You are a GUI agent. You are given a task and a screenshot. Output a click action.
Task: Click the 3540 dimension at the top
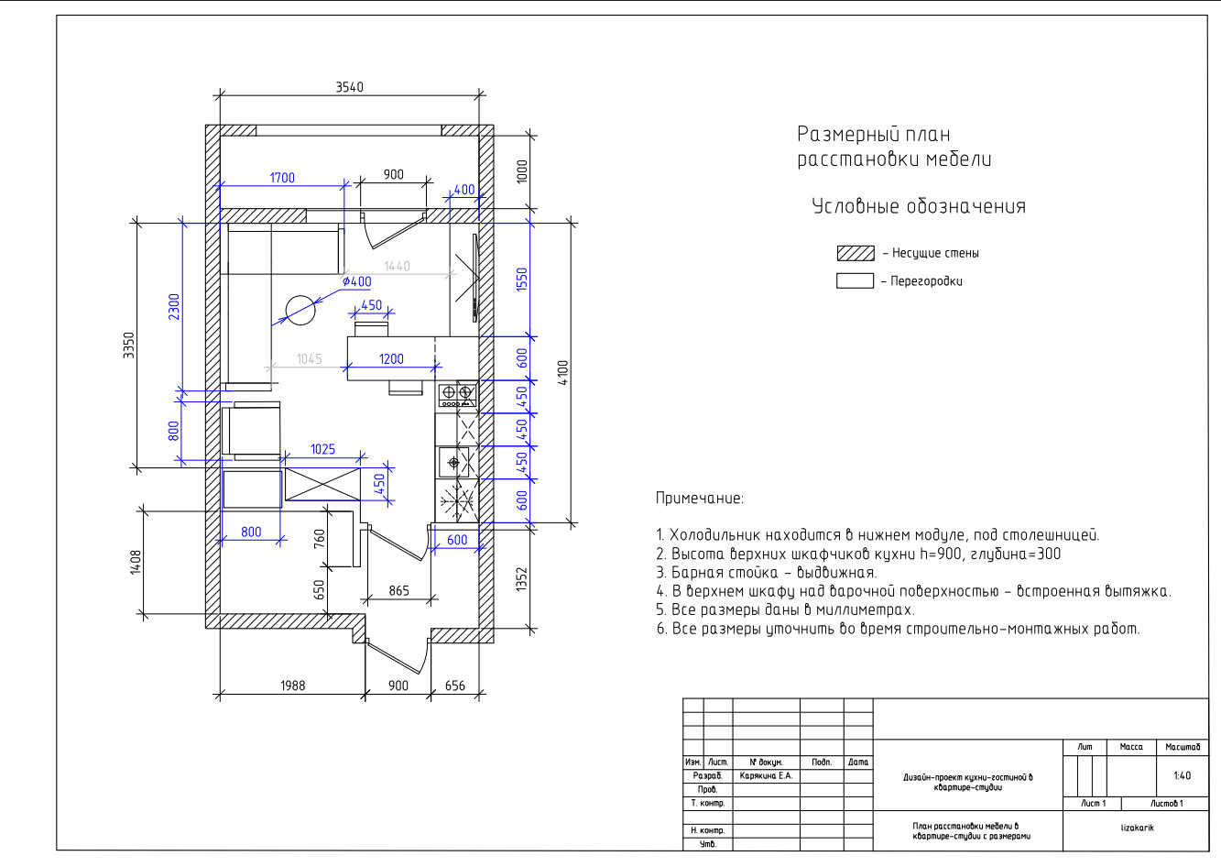(x=349, y=87)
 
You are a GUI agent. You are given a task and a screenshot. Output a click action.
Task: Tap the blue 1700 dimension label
(x=282, y=178)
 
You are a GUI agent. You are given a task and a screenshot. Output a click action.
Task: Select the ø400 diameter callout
(x=357, y=282)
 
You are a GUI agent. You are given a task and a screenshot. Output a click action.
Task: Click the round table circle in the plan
(x=300, y=311)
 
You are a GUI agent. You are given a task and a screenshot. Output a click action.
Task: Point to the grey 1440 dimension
(x=397, y=266)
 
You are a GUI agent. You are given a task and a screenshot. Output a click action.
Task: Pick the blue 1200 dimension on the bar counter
(x=391, y=358)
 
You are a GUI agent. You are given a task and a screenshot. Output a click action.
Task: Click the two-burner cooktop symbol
(x=457, y=395)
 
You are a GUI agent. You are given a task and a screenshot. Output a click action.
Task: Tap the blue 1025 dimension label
(x=322, y=449)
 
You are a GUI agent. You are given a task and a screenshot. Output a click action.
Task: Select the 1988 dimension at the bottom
(x=293, y=686)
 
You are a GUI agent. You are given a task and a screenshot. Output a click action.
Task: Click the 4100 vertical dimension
(x=563, y=372)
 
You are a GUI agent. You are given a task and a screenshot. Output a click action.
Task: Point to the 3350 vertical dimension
(x=128, y=346)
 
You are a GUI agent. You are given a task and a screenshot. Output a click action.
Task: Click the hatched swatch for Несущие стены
(x=856, y=253)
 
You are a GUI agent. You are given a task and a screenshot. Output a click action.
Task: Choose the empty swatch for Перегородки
(x=856, y=280)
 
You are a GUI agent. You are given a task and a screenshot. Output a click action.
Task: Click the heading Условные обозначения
(x=919, y=206)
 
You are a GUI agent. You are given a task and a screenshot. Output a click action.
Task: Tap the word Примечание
(x=699, y=498)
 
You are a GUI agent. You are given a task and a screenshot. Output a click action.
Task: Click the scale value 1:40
(x=1182, y=775)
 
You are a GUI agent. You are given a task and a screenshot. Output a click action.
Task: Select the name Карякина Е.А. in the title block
(x=766, y=775)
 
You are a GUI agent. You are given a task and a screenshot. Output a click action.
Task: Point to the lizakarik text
(x=1138, y=828)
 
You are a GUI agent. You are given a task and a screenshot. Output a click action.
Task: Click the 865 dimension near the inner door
(x=399, y=590)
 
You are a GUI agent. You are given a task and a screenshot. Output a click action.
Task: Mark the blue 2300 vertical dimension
(x=174, y=307)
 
